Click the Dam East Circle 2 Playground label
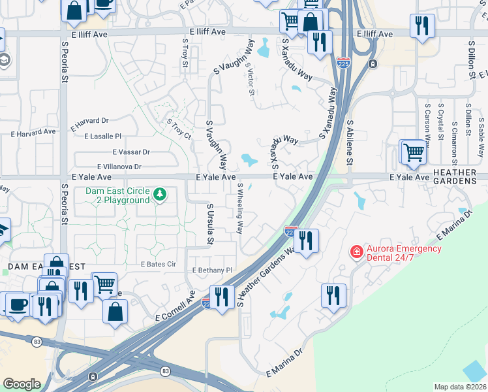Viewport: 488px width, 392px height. tap(117, 195)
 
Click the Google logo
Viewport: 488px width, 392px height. tap(22, 384)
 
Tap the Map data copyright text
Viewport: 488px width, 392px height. tap(461, 387)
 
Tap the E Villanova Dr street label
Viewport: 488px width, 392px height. tap(119, 167)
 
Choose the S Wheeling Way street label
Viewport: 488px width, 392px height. tap(240, 208)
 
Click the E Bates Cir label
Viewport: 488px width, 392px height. tap(159, 265)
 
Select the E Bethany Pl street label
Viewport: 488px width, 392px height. tap(212, 270)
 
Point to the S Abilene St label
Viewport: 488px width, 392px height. tap(350, 142)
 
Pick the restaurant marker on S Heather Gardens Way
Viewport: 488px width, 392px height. tap(305, 240)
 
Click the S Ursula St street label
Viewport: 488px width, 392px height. tap(210, 223)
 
